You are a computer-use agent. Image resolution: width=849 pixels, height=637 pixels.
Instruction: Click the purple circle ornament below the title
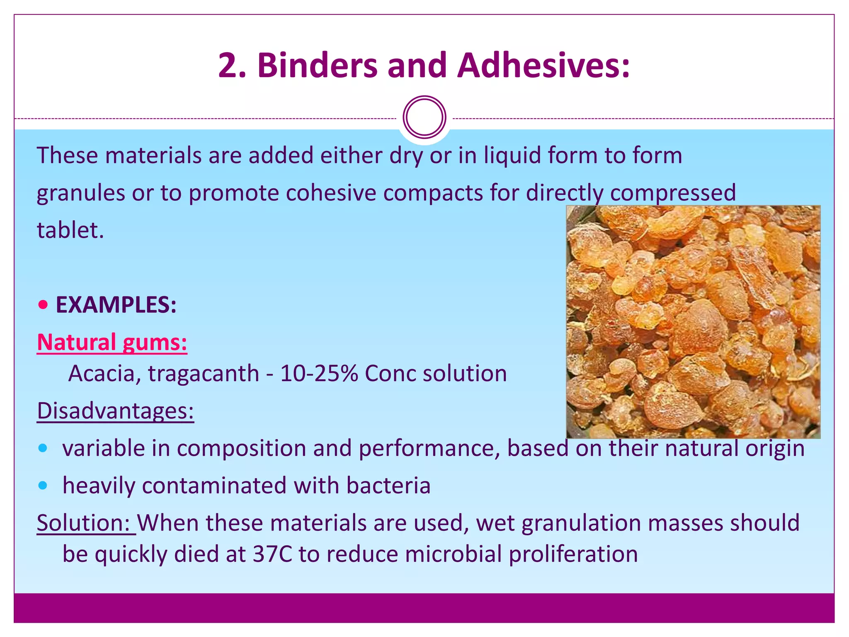coord(424,117)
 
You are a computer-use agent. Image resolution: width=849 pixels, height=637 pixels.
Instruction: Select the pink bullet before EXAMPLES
coord(43,305)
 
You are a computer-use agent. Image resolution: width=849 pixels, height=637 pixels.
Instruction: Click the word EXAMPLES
coord(116,305)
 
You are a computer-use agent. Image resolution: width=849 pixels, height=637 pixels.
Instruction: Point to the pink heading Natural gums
coord(112,343)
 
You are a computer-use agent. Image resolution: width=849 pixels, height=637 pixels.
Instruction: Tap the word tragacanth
coord(204,373)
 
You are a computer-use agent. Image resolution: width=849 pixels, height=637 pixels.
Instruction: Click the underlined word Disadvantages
coord(115,411)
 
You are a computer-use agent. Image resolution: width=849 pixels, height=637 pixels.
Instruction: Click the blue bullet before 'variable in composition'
coord(43,448)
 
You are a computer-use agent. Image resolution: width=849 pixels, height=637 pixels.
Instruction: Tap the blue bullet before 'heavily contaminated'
coord(43,485)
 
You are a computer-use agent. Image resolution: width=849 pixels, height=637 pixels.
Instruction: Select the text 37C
coord(272,554)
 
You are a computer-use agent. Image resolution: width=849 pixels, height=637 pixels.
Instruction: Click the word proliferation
coord(573,554)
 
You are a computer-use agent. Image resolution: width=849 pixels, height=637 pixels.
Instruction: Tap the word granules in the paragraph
coord(81,193)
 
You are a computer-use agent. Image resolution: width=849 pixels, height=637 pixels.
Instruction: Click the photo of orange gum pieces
coord(693,322)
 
